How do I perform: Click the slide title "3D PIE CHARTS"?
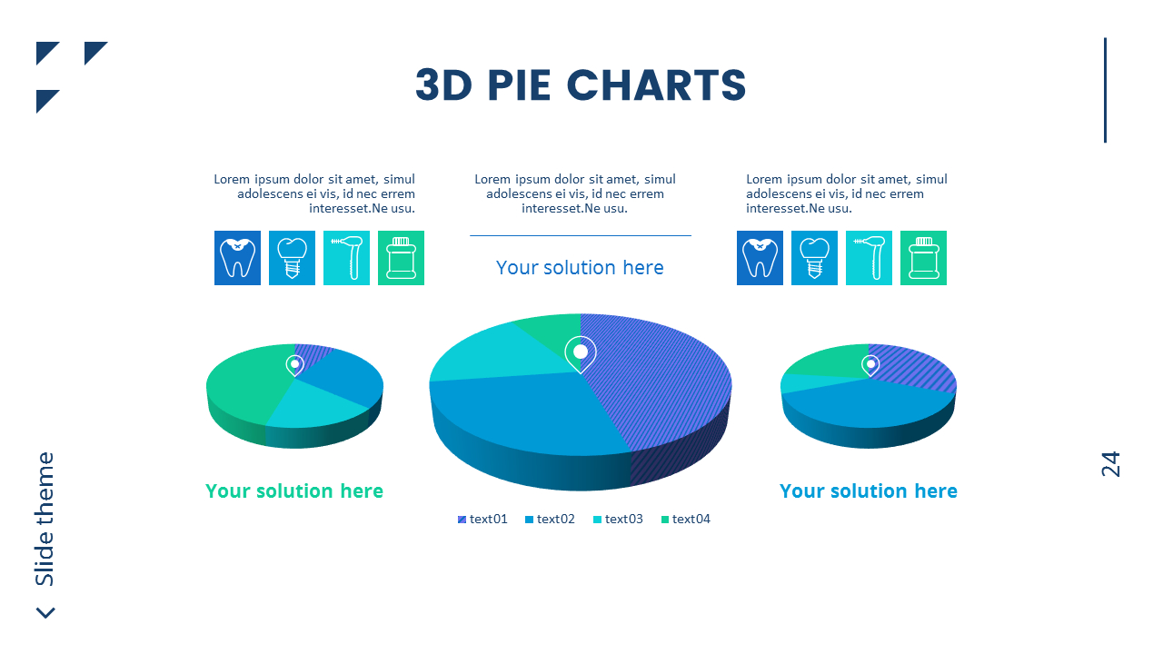click(581, 85)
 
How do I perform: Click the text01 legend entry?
click(483, 519)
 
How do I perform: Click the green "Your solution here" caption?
click(294, 491)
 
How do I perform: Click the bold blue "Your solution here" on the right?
click(868, 491)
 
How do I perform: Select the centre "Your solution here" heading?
click(580, 267)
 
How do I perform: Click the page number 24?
click(1110, 464)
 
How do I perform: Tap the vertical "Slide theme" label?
click(45, 519)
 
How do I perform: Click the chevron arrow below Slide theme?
click(45, 613)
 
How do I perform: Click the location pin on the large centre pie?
click(581, 352)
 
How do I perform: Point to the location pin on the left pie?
click(294, 364)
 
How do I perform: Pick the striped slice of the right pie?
click(913, 365)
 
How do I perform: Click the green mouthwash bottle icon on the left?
click(401, 258)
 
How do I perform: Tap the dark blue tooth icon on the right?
click(760, 258)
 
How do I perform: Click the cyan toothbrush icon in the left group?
click(346, 258)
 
